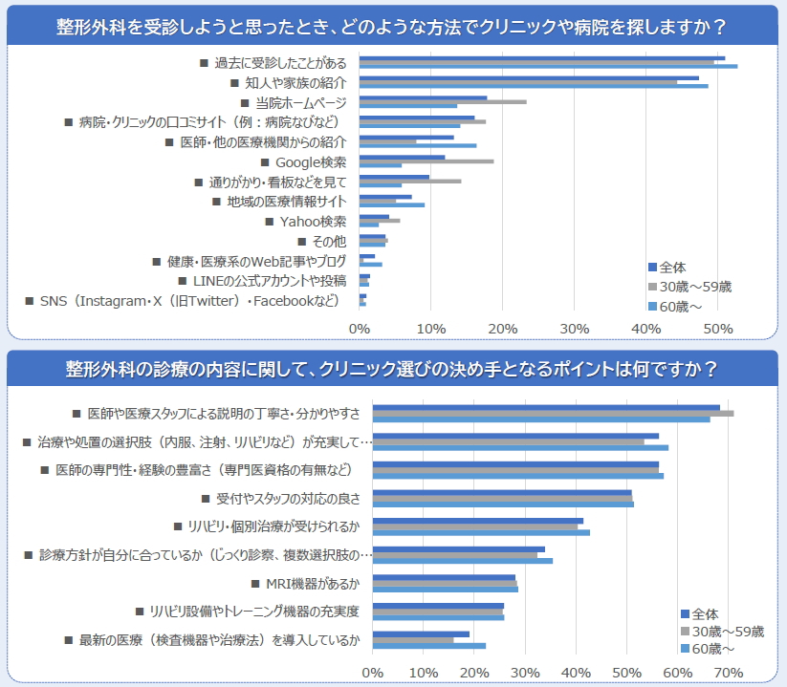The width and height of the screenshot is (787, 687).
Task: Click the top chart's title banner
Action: point(393,25)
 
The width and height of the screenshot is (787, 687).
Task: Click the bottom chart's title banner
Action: point(393,369)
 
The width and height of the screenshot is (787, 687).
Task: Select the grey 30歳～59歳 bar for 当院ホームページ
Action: point(442,101)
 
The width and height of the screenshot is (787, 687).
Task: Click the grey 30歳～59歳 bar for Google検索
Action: point(426,161)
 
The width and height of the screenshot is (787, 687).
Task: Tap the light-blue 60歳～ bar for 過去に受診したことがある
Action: point(548,66)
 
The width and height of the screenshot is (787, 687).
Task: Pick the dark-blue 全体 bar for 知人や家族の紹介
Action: point(529,78)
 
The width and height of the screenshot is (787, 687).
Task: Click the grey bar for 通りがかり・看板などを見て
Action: point(409,181)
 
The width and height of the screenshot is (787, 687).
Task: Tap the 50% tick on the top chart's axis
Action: point(718,329)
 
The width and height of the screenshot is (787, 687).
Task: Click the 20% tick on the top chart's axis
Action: point(503,329)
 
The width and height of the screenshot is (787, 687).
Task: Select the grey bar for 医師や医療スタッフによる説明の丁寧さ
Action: point(553,413)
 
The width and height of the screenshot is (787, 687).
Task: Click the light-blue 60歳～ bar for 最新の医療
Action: point(429,646)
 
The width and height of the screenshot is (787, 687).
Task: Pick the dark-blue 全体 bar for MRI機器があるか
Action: point(444,577)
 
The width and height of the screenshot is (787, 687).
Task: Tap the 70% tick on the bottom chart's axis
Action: point(729,673)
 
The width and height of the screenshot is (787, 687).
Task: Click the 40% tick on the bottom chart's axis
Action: point(576,673)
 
